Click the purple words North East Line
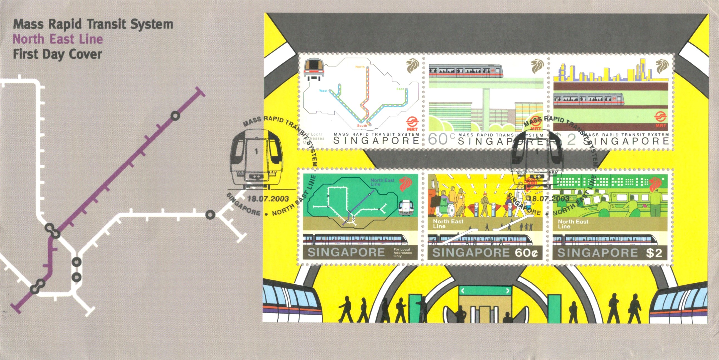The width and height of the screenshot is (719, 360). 58,39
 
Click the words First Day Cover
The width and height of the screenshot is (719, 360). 58,54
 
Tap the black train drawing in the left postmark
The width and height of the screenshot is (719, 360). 255,159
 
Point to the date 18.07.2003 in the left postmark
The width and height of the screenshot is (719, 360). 268,199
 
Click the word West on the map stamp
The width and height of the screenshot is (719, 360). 323,91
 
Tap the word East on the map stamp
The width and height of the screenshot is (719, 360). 400,89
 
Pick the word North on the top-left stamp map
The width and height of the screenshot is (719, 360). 360,67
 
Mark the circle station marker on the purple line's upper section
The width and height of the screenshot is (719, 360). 175,116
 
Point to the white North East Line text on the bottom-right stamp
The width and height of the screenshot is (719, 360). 573,224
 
